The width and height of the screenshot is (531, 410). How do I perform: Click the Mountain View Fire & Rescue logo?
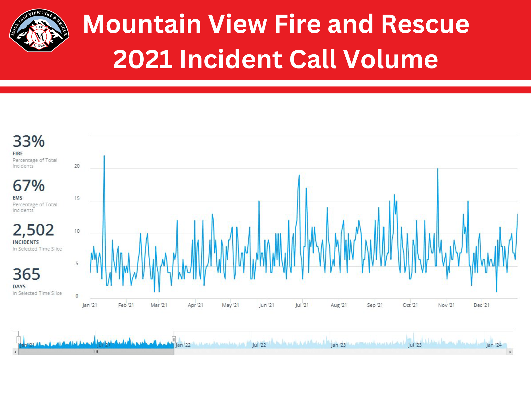click(39, 31)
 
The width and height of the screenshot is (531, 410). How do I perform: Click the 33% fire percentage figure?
click(29, 141)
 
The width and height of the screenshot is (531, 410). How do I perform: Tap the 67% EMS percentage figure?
click(29, 185)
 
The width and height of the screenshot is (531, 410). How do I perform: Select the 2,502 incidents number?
click(33, 230)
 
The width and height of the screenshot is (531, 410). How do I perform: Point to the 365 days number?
click(27, 274)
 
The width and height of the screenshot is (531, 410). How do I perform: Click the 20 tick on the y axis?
click(77, 166)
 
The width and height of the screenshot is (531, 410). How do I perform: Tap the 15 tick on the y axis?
click(77, 198)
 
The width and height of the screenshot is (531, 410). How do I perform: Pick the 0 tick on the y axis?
click(77, 296)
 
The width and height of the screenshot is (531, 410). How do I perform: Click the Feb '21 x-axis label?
click(126, 305)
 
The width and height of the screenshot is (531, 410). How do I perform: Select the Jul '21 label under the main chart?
click(302, 305)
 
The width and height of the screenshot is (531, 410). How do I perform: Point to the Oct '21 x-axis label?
click(410, 305)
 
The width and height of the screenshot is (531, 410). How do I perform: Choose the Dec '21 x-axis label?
click(481, 305)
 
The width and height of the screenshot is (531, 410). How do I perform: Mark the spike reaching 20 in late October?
click(438, 169)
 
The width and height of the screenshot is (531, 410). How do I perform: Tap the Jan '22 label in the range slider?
click(183, 345)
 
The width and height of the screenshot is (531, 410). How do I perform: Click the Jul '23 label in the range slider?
click(415, 345)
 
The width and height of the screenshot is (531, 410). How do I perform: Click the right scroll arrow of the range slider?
click(510, 352)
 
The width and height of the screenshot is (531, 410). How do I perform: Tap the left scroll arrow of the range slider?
click(16, 352)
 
